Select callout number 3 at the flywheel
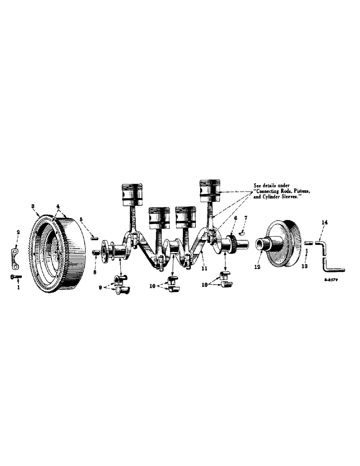point(33,206)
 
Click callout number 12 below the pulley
point(256,268)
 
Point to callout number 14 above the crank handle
point(323,223)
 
